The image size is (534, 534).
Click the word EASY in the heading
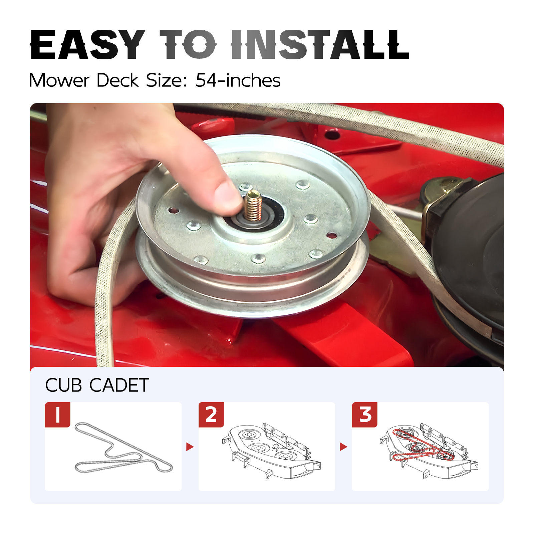point(88,44)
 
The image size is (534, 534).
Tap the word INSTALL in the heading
point(320,44)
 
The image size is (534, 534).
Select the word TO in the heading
point(188,44)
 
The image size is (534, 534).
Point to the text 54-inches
point(238,80)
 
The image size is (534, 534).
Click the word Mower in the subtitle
point(59,80)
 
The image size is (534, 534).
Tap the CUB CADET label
point(97,385)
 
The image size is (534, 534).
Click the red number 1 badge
point(58,415)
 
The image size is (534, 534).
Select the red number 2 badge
point(211,415)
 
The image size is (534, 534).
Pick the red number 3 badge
point(365,415)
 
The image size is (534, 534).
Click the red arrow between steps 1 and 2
point(190,447)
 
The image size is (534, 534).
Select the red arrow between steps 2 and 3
point(343,447)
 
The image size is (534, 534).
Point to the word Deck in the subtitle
point(117,80)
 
